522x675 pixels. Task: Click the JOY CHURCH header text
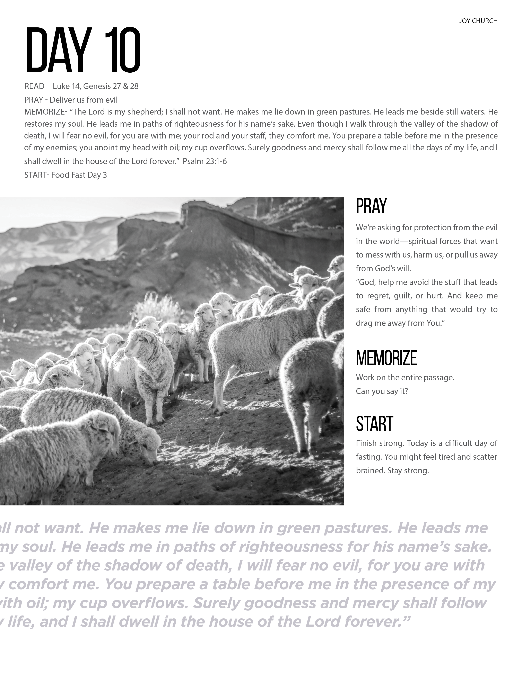478,21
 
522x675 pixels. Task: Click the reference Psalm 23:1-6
205,161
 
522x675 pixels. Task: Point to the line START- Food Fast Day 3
66,175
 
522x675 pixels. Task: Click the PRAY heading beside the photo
371,206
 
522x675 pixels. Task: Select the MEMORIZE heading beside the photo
386,358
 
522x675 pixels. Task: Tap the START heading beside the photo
374,424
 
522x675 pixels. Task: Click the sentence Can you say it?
382,391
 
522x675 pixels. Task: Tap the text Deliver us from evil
84,100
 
